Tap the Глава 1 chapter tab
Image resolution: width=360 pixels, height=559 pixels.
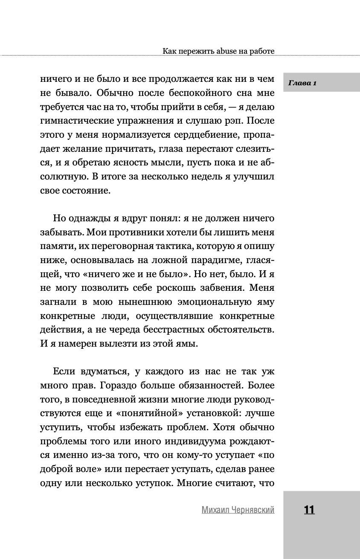[302, 83]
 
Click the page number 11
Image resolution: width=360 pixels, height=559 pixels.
[309, 510]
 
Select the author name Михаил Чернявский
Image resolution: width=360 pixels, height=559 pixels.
[238, 510]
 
